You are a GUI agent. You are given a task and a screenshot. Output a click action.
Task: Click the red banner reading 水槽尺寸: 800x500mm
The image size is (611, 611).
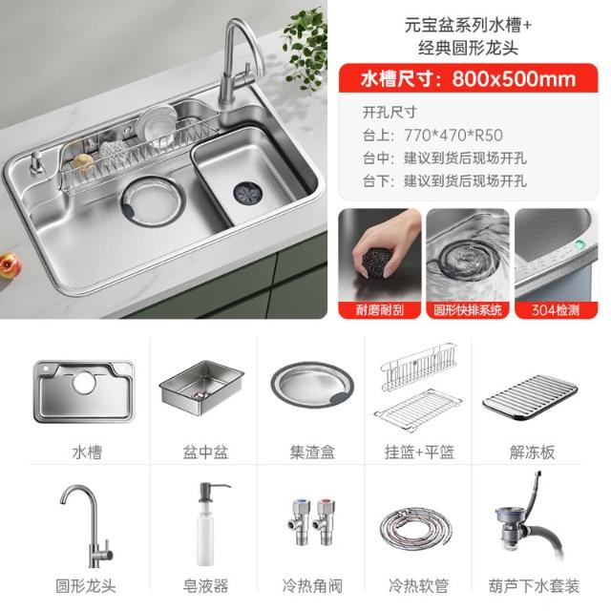[468, 78]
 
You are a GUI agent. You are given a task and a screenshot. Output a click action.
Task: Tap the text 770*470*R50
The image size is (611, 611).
[453, 136]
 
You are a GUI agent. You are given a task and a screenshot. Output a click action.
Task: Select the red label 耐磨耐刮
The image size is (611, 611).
[379, 310]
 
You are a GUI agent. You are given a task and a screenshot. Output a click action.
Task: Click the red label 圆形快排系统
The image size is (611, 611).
[468, 310]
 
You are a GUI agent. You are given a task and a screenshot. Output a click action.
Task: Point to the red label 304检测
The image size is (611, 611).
[556, 310]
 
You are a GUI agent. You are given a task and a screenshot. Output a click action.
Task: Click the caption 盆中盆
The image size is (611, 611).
[205, 452]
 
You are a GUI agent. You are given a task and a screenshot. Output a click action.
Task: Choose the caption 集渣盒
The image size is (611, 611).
[312, 452]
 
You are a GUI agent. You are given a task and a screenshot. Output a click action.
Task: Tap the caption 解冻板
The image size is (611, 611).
[533, 452]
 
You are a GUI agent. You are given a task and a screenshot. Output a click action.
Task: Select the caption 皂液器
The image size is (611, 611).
[205, 585]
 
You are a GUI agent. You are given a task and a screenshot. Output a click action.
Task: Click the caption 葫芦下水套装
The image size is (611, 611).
[534, 585]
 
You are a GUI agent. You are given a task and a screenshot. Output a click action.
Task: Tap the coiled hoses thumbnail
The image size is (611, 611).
[416, 527]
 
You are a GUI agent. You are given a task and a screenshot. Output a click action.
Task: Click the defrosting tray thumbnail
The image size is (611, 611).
[530, 397]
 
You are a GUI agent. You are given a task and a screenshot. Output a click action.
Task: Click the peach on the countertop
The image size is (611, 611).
[10, 265]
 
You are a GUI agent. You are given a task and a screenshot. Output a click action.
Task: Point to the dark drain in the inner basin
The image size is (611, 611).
[248, 192]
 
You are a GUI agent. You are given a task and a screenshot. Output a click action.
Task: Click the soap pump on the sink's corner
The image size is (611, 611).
[37, 162]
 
